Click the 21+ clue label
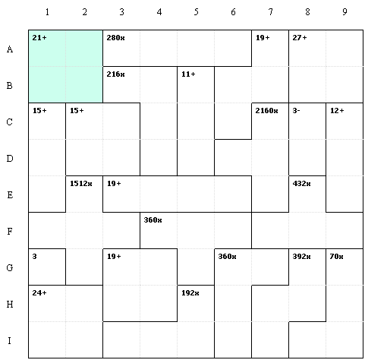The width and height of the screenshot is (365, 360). pos(39,38)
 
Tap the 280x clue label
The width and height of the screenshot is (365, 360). pos(115,38)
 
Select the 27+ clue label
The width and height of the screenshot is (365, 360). pos(300,38)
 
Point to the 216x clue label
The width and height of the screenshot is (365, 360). pos(115,74)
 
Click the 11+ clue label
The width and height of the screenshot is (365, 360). pos(188,74)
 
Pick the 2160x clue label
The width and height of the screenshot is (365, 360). pos(266,111)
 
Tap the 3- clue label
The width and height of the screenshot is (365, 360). pos(296,111)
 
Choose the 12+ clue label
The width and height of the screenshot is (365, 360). pos(337,111)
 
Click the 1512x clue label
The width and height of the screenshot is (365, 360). pos(81,184)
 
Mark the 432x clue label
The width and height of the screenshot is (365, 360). pos(301,184)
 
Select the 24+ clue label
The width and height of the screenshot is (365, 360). pos(39,293)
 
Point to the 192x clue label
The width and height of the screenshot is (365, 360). pos(190,293)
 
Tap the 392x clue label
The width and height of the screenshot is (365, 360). pos(301,257)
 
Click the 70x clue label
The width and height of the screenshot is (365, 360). pos(336,257)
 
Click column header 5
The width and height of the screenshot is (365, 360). pos(197,12)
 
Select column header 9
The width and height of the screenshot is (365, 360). pos(345,12)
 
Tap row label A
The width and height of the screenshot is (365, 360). pos(10,49)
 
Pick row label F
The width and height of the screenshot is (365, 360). pos(10,231)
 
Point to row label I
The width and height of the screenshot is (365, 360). pos(10,340)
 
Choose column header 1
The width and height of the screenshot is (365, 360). pos(47,12)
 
